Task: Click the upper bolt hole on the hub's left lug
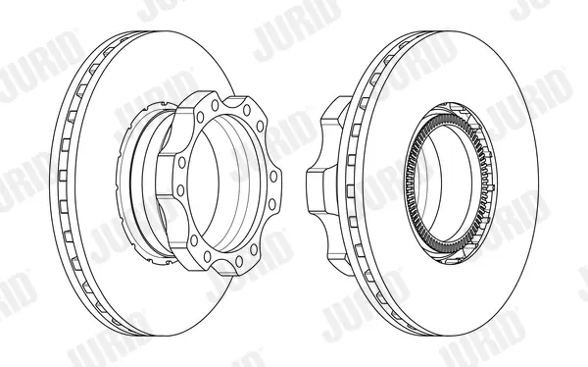pyautogui.click(x=182, y=163)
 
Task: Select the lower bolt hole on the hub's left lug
pyautogui.click(x=180, y=190)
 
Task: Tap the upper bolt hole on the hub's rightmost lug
pyautogui.click(x=273, y=177)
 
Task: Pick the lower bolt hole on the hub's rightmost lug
pyautogui.click(x=271, y=204)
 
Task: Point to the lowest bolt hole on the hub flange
pyautogui.click(x=207, y=256)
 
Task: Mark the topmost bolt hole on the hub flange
pyautogui.click(x=215, y=105)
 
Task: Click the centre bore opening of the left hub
pyautogui.click(x=203, y=187)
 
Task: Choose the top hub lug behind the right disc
pyautogui.click(x=334, y=112)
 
